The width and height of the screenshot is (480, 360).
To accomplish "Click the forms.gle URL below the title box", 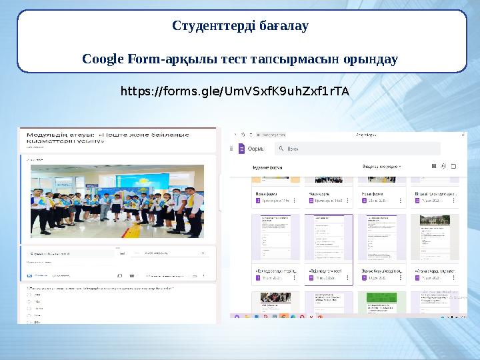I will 234,90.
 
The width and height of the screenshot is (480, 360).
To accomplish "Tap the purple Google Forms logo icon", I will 242,149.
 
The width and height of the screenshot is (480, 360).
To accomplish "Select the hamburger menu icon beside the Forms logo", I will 233,149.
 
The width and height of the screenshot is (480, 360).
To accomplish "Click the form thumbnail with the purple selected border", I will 329,239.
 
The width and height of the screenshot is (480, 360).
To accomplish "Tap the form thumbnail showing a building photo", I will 434,239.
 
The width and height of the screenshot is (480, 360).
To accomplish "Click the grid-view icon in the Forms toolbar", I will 434,166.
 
